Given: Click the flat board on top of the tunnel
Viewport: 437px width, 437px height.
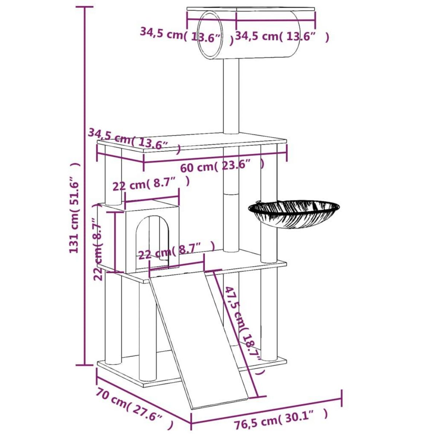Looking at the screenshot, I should tap(251, 9).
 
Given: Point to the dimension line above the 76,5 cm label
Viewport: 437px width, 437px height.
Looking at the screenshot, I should tap(266, 408).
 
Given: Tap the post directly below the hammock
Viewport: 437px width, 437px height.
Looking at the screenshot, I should tap(269, 244).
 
